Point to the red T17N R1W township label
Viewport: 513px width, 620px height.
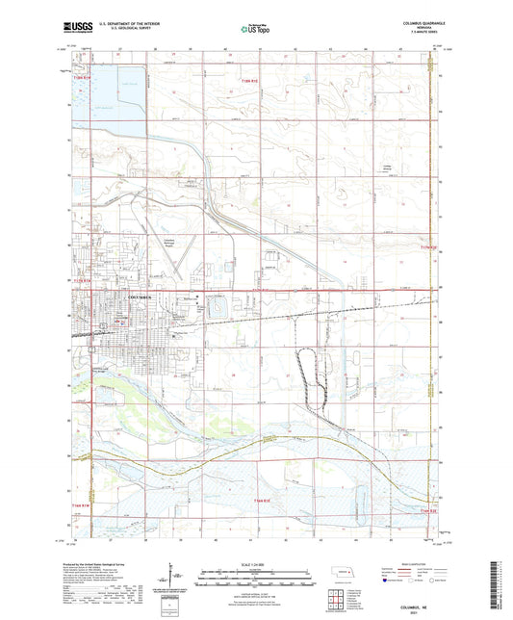click(x=84, y=280)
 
